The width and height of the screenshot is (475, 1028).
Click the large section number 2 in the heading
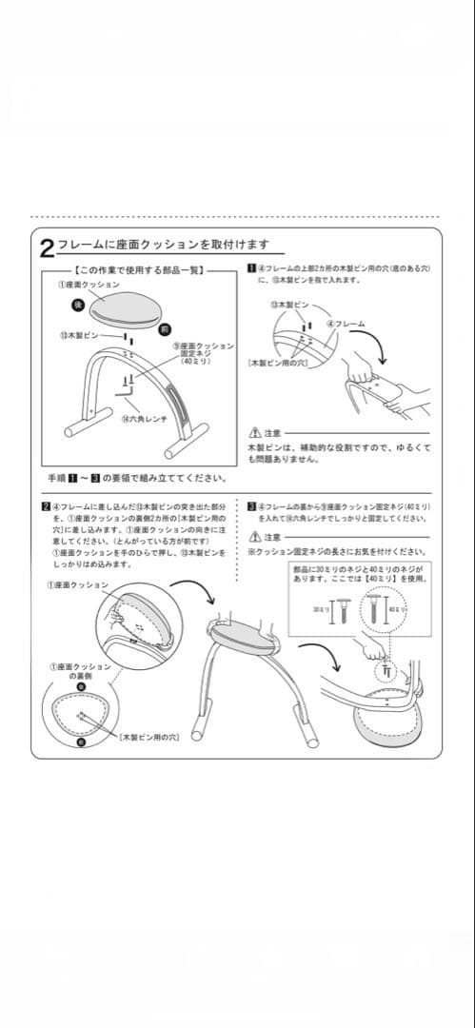click(x=47, y=249)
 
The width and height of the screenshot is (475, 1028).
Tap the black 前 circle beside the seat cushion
click(x=166, y=328)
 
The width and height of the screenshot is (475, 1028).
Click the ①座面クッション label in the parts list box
click(x=88, y=284)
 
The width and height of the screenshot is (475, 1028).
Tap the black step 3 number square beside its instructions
click(x=250, y=506)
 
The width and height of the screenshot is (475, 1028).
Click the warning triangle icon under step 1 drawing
click(x=253, y=432)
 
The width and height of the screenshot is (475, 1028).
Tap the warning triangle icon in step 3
click(x=253, y=538)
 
